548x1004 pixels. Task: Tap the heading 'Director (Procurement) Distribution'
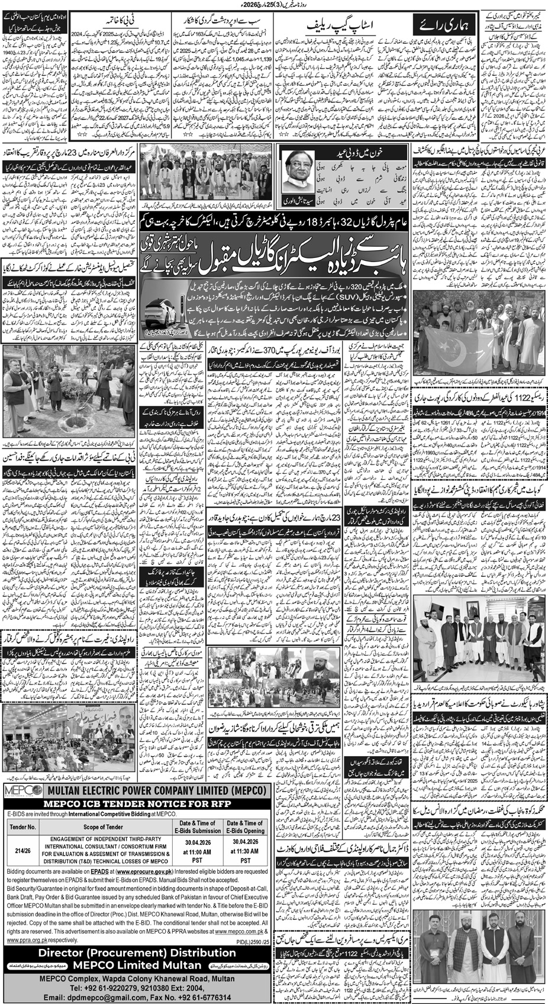pos(135,937)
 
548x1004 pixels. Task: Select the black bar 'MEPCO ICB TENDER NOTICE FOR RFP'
pos(135,805)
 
